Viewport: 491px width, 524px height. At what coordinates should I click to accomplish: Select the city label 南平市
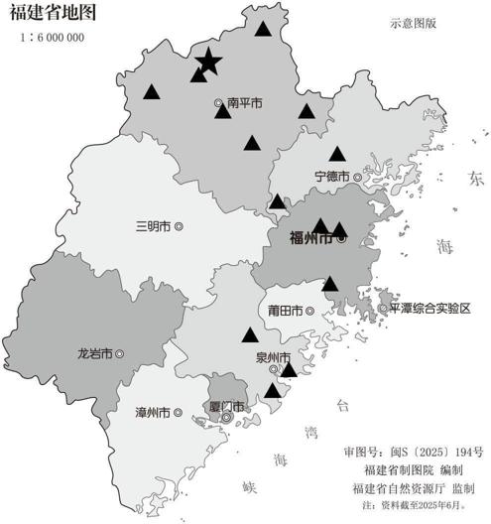tap(244, 102)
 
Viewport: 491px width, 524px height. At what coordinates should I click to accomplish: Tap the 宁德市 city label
tap(331, 176)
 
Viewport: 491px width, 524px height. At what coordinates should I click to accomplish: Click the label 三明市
tap(154, 225)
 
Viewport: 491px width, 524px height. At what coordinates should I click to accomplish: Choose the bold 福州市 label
tap(310, 238)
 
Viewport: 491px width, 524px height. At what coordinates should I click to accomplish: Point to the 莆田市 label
tap(285, 311)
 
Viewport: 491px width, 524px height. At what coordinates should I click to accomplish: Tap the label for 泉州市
tap(273, 357)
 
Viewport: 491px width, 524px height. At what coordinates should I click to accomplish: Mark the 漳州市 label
tap(152, 411)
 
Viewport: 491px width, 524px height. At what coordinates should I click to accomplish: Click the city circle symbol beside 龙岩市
tap(120, 352)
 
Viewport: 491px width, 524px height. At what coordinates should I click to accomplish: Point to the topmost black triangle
tap(262, 28)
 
